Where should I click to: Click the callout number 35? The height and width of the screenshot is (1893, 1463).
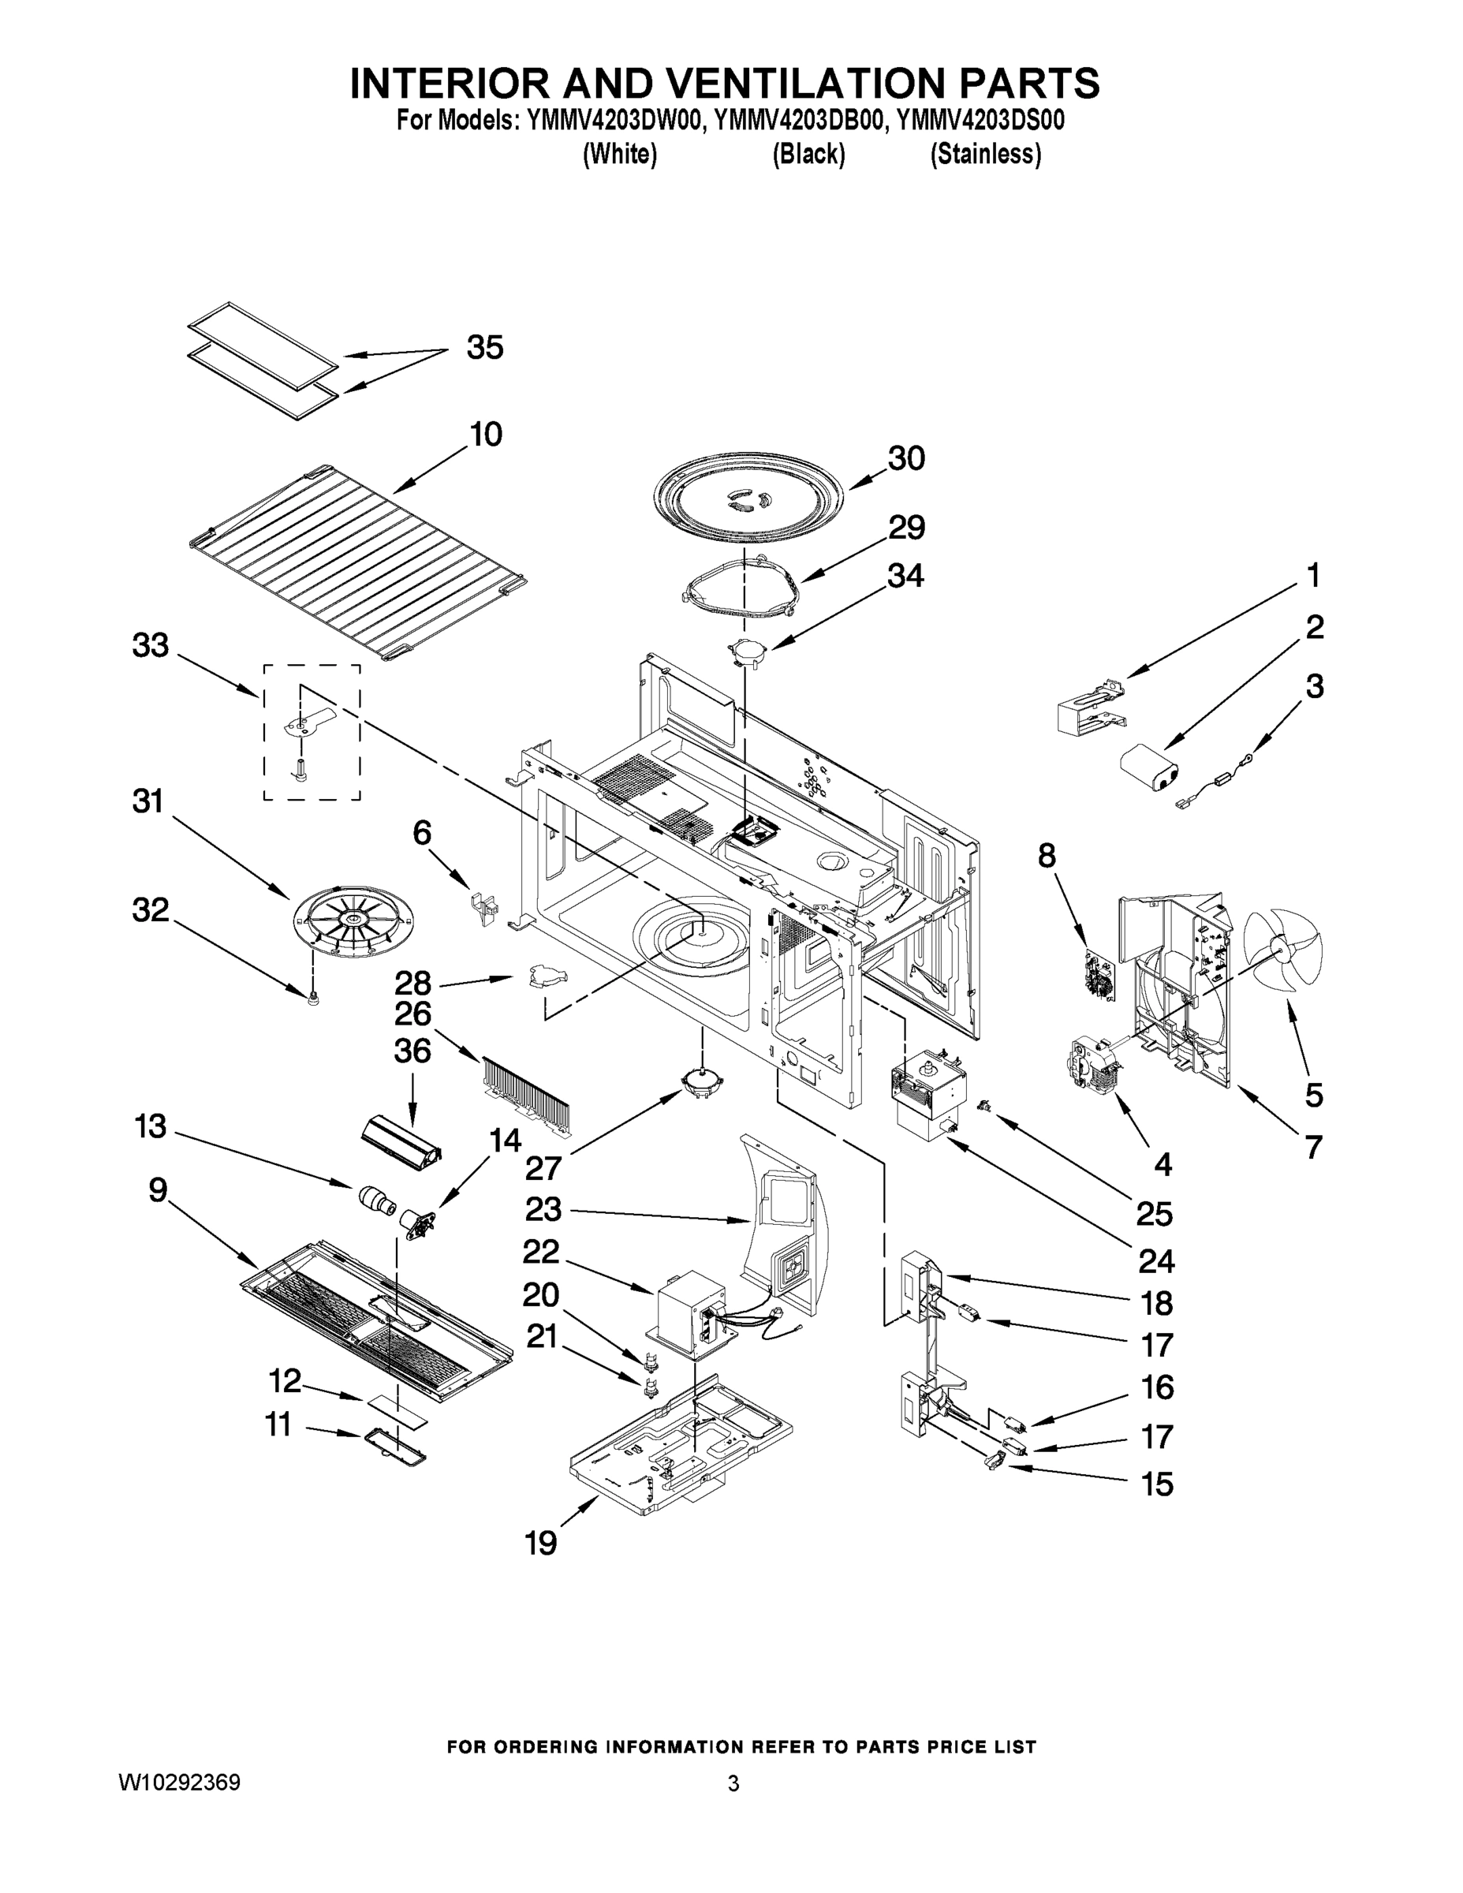(484, 348)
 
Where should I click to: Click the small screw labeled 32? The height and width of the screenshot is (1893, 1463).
(313, 999)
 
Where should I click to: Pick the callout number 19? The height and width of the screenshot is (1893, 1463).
(541, 1544)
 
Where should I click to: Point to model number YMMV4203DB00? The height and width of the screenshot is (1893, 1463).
(797, 120)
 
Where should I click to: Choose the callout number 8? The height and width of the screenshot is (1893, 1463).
(1047, 856)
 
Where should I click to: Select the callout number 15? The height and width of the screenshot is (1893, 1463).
(1156, 1484)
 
